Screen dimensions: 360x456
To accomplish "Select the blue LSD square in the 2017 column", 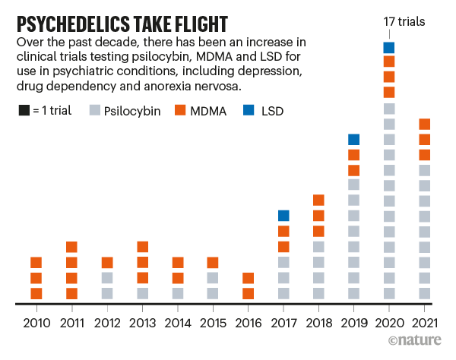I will click(x=283, y=216).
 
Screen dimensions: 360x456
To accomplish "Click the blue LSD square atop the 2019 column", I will click(x=353, y=139).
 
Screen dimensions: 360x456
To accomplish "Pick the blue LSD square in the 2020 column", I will click(x=389, y=48).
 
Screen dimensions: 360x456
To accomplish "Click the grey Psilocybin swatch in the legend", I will click(x=97, y=112).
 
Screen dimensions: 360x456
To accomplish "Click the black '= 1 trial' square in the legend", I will click(x=24, y=112).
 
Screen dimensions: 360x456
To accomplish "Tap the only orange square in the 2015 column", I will click(x=213, y=263).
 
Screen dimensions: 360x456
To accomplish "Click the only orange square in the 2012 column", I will click(x=107, y=263).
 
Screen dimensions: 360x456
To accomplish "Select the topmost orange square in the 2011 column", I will click(x=72, y=247).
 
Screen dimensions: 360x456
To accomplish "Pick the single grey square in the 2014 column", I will click(x=178, y=293).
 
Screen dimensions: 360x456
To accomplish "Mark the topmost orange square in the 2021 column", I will click(x=424, y=124).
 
